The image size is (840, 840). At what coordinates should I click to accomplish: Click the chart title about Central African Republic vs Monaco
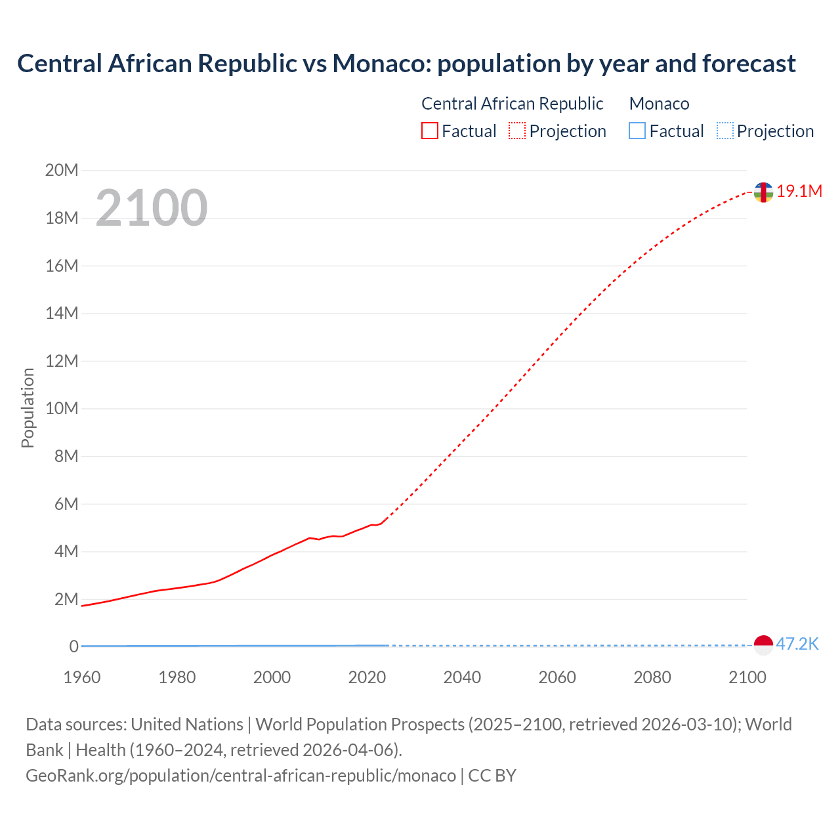(406, 64)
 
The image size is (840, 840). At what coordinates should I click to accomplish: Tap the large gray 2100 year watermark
(152, 208)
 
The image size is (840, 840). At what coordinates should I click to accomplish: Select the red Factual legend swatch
(430, 131)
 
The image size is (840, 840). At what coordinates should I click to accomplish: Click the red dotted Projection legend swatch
(517, 131)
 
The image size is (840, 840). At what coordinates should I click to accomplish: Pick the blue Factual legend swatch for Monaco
(637, 131)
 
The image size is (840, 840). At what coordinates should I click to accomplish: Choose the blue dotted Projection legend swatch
(725, 131)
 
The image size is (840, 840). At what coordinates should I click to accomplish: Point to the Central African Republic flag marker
(763, 192)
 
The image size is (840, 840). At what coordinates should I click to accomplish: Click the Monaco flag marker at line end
(763, 645)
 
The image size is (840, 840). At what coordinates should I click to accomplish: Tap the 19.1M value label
(799, 191)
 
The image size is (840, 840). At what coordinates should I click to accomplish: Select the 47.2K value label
(797, 644)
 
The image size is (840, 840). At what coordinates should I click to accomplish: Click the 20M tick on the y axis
(62, 171)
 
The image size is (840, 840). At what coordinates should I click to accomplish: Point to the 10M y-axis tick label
(62, 409)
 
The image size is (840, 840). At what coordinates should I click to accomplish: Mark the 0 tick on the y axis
(74, 647)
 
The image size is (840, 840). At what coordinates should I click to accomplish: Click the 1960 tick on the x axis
(82, 677)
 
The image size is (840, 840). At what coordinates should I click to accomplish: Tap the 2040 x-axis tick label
(462, 677)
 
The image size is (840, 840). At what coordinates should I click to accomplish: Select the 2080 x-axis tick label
(652, 677)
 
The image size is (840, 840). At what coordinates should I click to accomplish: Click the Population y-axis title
(28, 408)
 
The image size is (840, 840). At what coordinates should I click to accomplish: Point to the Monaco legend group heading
(659, 104)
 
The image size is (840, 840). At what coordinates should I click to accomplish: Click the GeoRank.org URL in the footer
(241, 776)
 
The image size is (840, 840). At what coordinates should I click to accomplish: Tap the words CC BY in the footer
(492, 776)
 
